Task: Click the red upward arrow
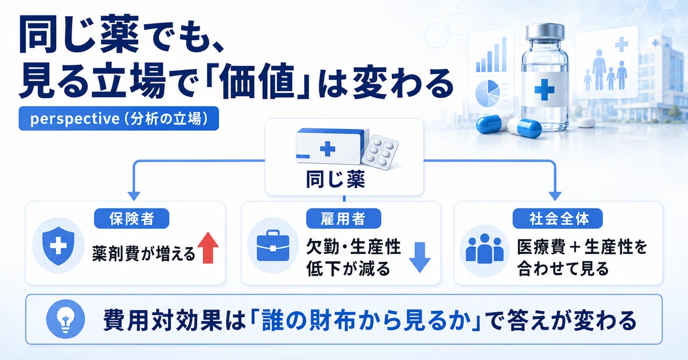tap(208, 248)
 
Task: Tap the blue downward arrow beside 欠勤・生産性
tap(420, 257)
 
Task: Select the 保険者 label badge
tap(131, 218)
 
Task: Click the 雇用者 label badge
tap(343, 218)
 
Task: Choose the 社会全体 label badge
tap(557, 218)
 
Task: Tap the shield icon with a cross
tap(58, 246)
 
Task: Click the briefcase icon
tap(273, 246)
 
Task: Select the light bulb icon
tap(65, 319)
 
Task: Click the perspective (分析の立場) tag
tap(119, 119)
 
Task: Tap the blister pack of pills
tap(380, 152)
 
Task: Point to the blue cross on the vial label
tap(544, 89)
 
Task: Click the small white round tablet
tap(586, 122)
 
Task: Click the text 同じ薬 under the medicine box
tap(335, 179)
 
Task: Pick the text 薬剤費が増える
tap(144, 255)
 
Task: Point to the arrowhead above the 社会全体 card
tap(555, 196)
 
